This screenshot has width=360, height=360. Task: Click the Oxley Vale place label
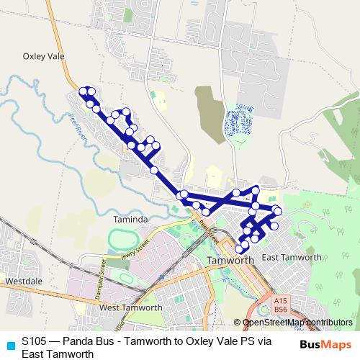[45, 55]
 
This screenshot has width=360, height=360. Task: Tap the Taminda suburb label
[130, 219]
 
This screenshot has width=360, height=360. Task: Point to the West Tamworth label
[130, 308]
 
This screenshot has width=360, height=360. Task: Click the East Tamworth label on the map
[292, 257]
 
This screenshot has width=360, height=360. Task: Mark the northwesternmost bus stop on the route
[82, 91]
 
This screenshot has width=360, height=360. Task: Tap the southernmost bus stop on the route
[239, 249]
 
